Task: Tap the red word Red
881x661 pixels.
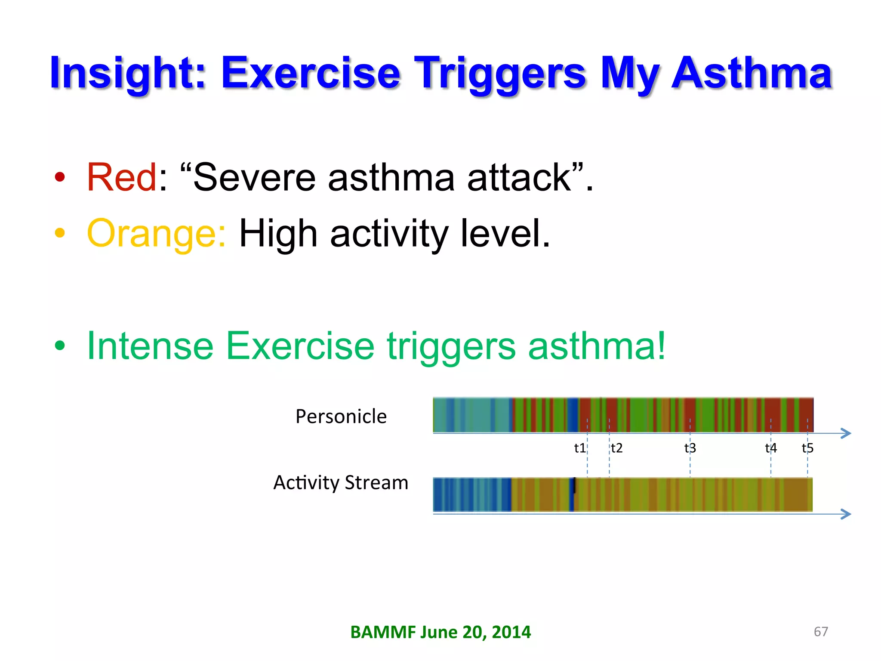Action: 122,177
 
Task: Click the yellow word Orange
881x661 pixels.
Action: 156,234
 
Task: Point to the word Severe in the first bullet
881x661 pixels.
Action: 254,177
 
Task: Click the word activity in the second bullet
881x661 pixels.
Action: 389,234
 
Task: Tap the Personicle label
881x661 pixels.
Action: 341,417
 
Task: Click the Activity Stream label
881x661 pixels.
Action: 341,482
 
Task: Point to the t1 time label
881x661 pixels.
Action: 579,448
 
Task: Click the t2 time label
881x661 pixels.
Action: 617,448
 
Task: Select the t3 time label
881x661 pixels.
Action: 690,448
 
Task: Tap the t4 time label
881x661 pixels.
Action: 770,448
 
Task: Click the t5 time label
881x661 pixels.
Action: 807,448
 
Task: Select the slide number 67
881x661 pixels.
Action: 821,631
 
